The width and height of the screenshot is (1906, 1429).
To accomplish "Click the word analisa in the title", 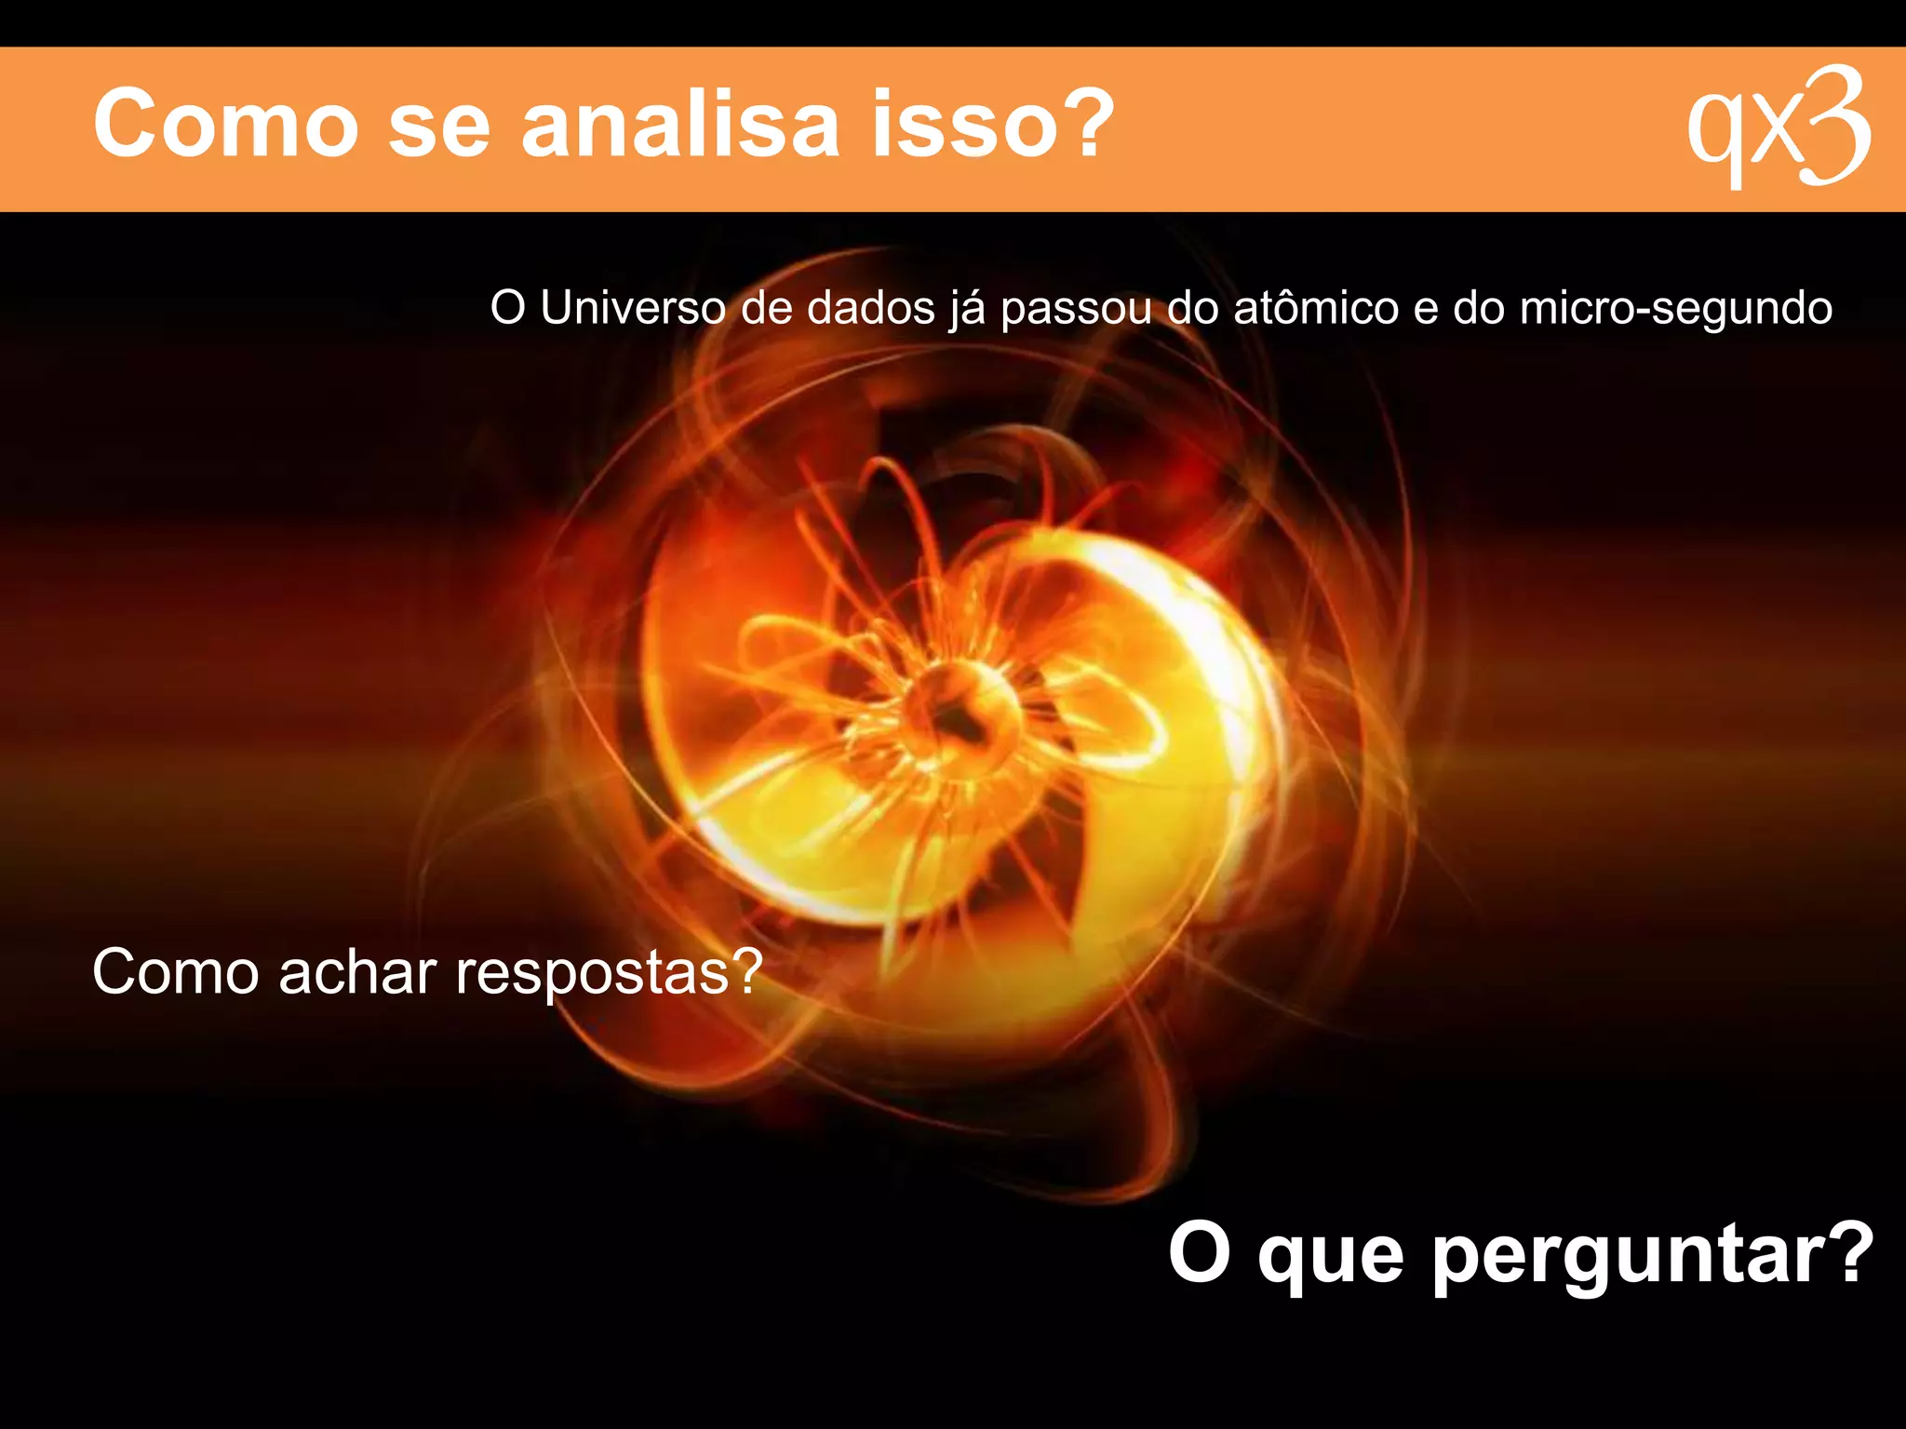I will (x=680, y=124).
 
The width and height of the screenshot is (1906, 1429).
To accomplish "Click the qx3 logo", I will (x=1778, y=127).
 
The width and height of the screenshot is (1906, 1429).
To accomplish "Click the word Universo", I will (x=633, y=308).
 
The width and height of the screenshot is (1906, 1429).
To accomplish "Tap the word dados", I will (x=870, y=308).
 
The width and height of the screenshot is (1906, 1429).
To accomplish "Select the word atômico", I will (x=1316, y=308).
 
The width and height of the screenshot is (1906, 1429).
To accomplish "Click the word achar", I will (x=357, y=972).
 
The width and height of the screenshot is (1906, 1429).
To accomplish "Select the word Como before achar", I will (x=175, y=972).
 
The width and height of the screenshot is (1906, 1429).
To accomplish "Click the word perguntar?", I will (x=1652, y=1256).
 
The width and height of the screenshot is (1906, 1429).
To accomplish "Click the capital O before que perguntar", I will (x=1199, y=1252).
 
